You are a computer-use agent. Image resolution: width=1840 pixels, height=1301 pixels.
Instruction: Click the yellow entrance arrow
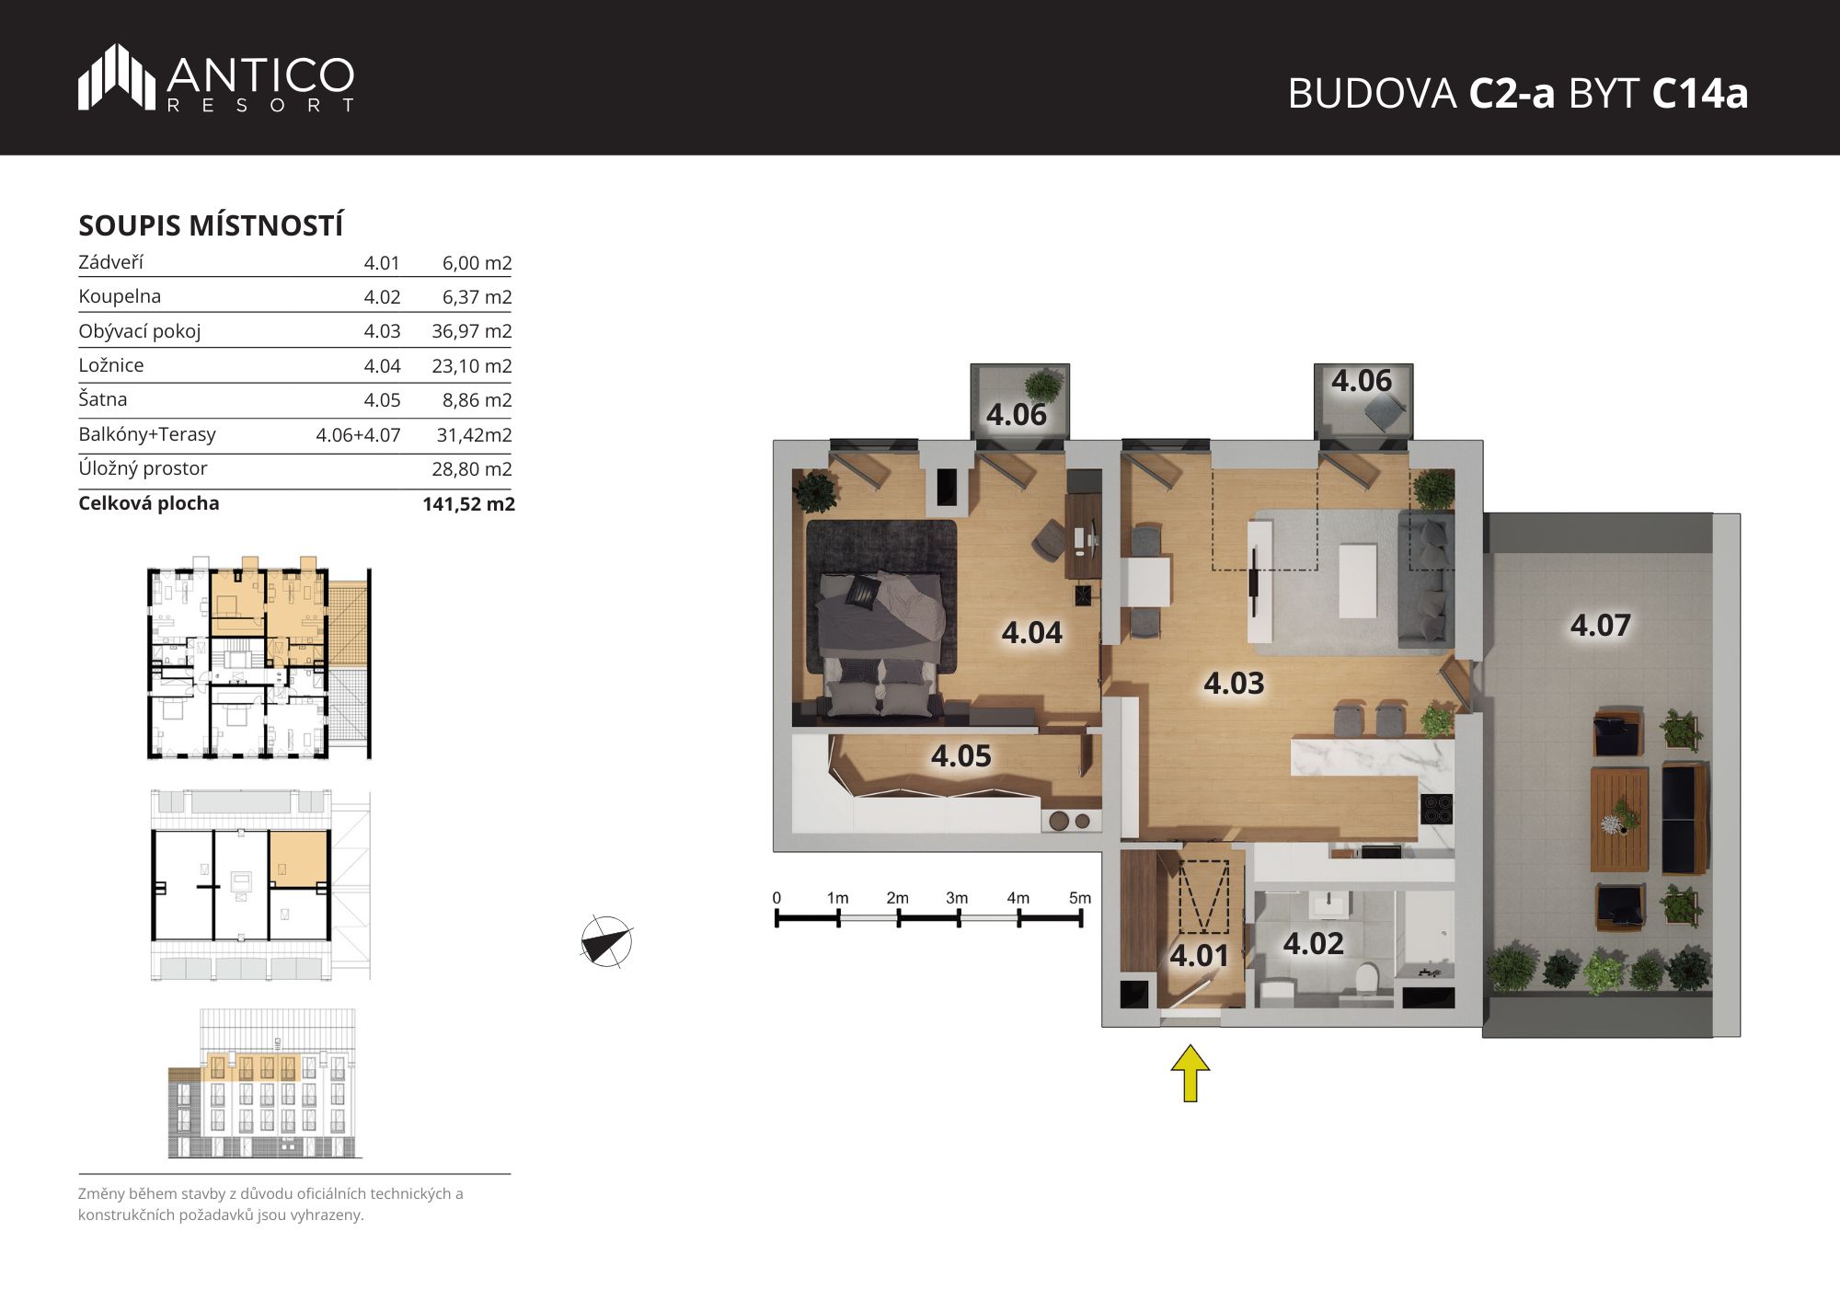click(x=1190, y=1072)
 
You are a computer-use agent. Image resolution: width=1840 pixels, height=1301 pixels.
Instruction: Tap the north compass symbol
click(x=606, y=941)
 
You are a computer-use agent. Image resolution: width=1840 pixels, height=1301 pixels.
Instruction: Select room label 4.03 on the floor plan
click(x=1234, y=683)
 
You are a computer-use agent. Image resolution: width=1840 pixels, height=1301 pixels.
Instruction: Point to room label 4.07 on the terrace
click(x=1600, y=626)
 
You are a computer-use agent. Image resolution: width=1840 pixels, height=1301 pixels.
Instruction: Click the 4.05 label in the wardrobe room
click(x=960, y=755)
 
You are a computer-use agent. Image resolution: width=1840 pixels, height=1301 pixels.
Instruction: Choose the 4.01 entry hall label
click(x=1199, y=956)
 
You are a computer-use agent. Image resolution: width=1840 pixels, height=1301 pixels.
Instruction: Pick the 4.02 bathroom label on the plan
click(x=1313, y=943)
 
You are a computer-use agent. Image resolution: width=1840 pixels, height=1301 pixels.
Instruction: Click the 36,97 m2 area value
click(x=471, y=331)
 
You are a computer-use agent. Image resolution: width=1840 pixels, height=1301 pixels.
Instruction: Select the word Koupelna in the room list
click(x=120, y=296)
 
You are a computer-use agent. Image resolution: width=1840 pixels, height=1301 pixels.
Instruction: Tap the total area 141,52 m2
click(x=468, y=504)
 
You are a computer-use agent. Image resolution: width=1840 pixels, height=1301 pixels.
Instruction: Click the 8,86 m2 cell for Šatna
click(x=477, y=400)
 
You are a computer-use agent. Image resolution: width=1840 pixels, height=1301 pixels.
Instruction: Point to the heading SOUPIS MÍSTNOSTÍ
click(x=211, y=225)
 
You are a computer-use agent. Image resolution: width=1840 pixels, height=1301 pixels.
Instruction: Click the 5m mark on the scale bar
click(x=1080, y=898)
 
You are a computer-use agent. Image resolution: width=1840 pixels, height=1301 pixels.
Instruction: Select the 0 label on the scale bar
click(x=777, y=898)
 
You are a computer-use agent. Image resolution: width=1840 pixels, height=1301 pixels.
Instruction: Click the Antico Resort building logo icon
click(x=117, y=77)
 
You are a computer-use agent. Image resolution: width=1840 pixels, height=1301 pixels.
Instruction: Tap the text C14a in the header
click(x=1699, y=94)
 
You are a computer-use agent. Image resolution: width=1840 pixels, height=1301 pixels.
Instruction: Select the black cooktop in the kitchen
click(x=1436, y=809)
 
